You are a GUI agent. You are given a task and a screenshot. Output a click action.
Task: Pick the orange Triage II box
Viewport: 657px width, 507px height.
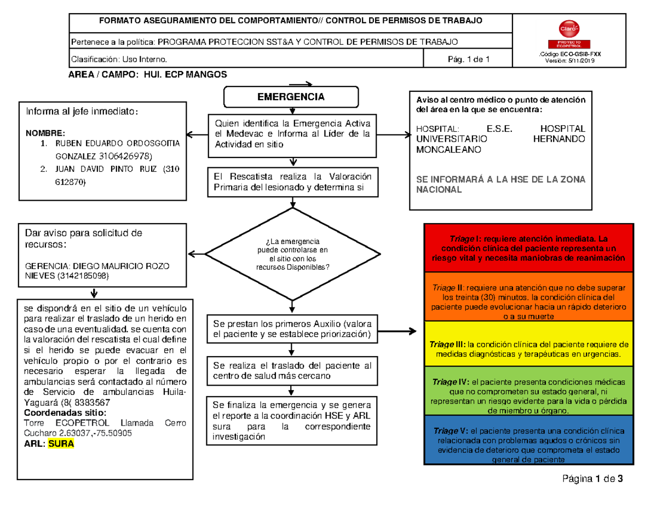point(529,300)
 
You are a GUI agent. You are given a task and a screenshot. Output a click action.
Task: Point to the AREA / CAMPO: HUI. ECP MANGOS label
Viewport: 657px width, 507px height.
point(147,74)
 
